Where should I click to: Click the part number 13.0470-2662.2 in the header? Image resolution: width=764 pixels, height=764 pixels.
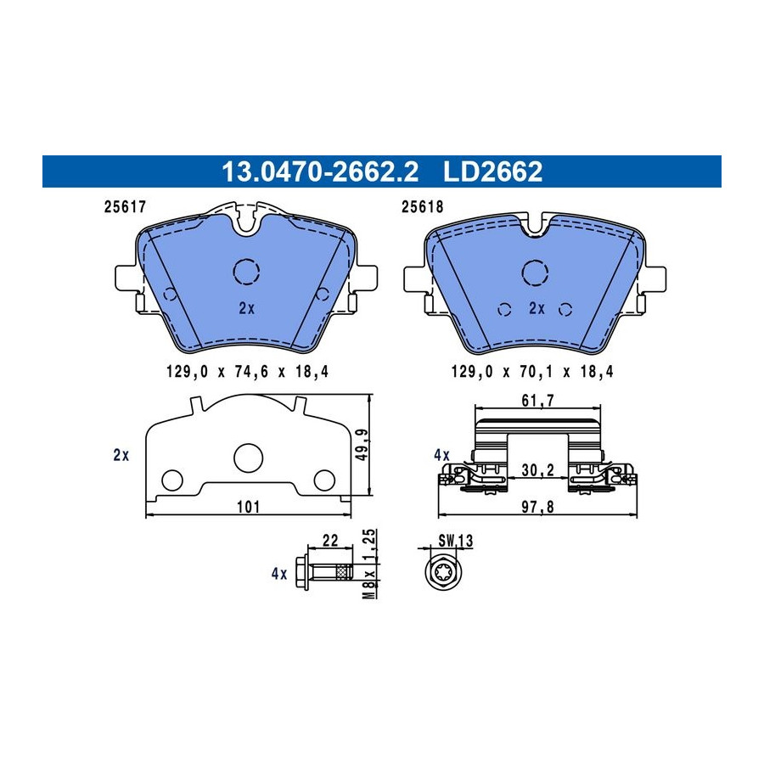(320, 171)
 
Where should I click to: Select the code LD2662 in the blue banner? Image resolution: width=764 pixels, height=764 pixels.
(492, 171)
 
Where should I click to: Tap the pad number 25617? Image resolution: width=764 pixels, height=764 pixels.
(126, 207)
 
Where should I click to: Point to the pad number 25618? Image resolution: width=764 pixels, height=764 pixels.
(423, 207)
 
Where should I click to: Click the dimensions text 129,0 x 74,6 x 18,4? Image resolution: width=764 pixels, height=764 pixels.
(248, 372)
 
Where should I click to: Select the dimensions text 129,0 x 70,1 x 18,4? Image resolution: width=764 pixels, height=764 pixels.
(532, 372)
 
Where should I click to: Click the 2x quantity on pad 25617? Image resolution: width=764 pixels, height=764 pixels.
(246, 308)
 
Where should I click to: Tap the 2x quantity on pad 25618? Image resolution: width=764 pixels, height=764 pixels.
(537, 308)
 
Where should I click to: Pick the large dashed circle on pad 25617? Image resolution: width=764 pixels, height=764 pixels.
(246, 259)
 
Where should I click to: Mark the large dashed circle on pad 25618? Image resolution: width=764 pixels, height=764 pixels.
(535, 261)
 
